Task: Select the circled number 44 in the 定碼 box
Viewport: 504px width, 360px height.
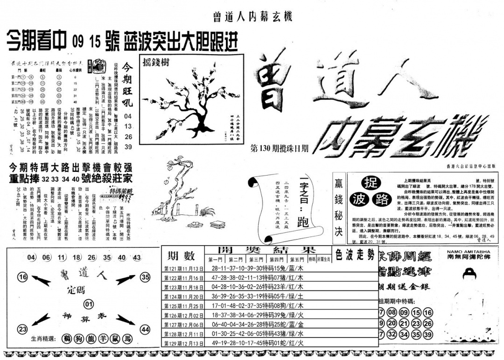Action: click(x=145, y=330)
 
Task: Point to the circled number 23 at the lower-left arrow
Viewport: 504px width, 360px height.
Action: click(x=22, y=330)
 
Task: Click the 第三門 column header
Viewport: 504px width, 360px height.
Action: click(x=257, y=260)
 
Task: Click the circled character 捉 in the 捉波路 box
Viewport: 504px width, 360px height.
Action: click(x=370, y=183)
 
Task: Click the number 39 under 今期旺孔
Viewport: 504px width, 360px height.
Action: click(x=129, y=148)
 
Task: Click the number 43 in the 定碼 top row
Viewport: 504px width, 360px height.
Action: click(x=137, y=258)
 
